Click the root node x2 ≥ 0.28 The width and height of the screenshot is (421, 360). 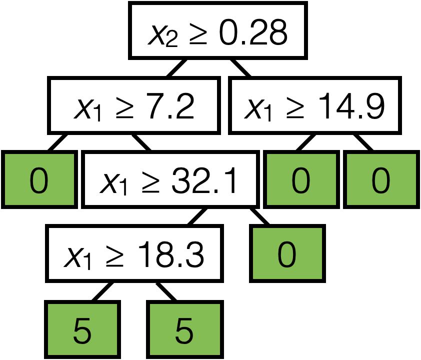pyautogui.click(x=217, y=31)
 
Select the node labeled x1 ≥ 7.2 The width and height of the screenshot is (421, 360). pyautogui.click(x=134, y=105)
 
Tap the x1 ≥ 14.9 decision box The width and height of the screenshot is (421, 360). pyautogui.click(x=315, y=105)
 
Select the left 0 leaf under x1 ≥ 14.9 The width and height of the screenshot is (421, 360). pyautogui.click(x=301, y=180)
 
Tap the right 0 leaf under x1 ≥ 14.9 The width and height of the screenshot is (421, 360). pyautogui.click(x=380, y=180)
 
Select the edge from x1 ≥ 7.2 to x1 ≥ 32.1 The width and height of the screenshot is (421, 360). pyautogui.click(x=141, y=142)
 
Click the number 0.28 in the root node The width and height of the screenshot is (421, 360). pyautogui.click(x=255, y=34)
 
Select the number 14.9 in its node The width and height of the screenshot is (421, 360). pyautogui.click(x=354, y=107)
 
